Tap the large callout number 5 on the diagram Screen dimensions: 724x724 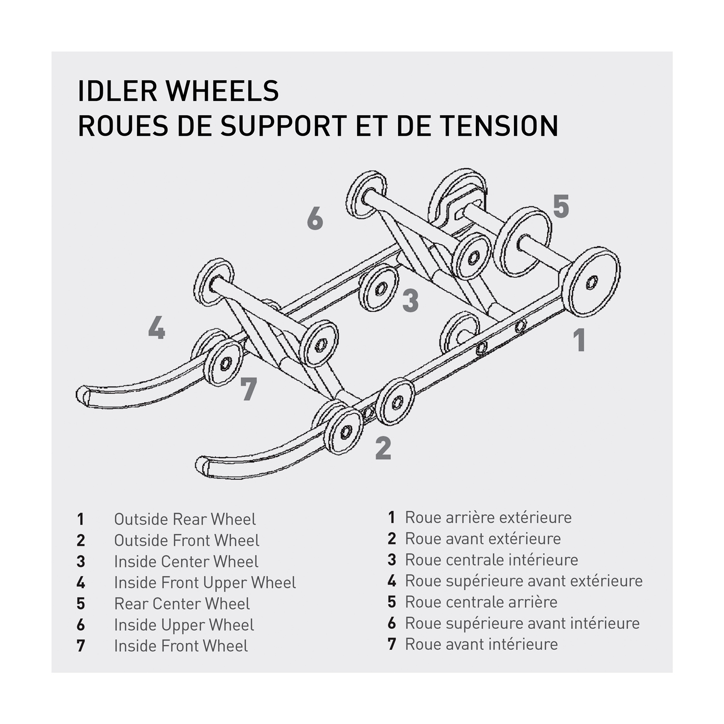[x=561, y=207]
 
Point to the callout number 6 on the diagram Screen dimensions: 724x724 [x=315, y=219]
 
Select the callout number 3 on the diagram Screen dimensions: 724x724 [x=410, y=300]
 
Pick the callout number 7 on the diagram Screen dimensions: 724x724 [x=249, y=389]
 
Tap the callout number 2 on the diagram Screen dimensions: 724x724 [x=383, y=448]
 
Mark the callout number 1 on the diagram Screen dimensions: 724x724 [x=580, y=340]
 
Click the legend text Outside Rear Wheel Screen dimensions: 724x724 [x=185, y=519]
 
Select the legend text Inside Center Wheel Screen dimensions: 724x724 [x=186, y=562]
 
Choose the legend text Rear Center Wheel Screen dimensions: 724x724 [x=182, y=604]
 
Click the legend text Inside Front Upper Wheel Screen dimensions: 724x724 [x=205, y=583]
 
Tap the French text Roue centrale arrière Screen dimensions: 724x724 [x=481, y=602]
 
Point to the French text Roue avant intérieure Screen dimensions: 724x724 [x=481, y=644]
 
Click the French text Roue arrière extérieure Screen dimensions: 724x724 [x=488, y=517]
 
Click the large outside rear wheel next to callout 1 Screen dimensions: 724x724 [x=591, y=282]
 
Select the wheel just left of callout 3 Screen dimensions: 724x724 [x=380, y=288]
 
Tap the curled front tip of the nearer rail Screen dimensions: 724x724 [x=203, y=466]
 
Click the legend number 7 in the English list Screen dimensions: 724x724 [x=81, y=646]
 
